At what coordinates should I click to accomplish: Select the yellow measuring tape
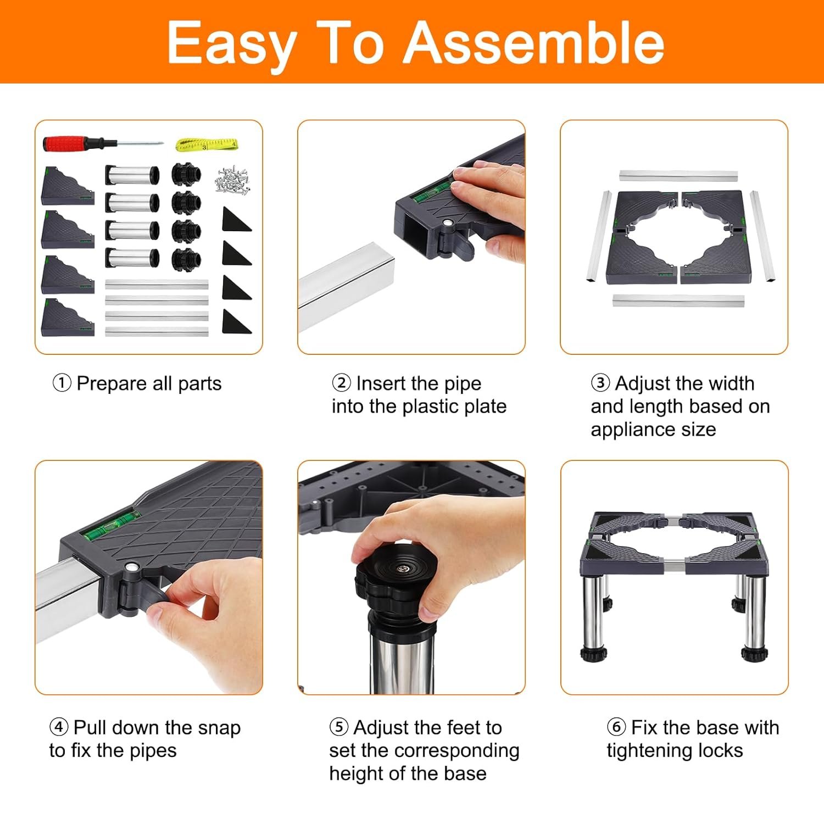pyautogui.click(x=206, y=145)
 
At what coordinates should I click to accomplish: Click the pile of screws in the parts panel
pyautogui.click(x=234, y=180)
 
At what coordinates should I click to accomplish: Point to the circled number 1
pyautogui.click(x=62, y=383)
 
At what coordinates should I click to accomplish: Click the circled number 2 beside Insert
pyautogui.click(x=342, y=382)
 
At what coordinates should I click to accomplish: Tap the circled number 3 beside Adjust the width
pyautogui.click(x=600, y=382)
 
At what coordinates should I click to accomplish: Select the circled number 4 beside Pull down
pyautogui.click(x=59, y=727)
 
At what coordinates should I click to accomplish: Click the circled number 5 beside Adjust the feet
pyautogui.click(x=339, y=727)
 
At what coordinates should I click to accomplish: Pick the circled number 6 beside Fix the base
pyautogui.click(x=616, y=727)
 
